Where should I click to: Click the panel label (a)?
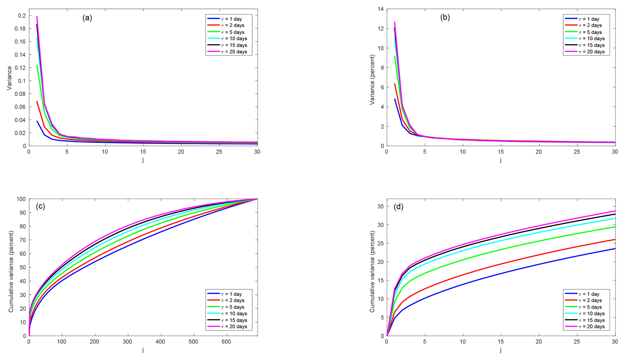pyautogui.click(x=87, y=18)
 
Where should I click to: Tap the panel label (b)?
pyautogui.click(x=445, y=18)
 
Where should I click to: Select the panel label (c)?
pyautogui.click(x=40, y=206)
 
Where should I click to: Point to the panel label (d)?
pyautogui.click(x=398, y=207)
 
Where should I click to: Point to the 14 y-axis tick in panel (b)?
pyautogui.click(x=380, y=9)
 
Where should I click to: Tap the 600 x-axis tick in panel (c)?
pyautogui.click(x=226, y=342)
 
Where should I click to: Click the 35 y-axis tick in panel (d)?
pyautogui.click(x=380, y=206)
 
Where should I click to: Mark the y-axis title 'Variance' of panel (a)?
pyautogui.click(x=9, y=78)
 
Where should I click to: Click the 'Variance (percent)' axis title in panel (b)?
pyautogui.click(x=372, y=80)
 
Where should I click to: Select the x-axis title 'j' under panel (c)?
pyautogui.click(x=143, y=350)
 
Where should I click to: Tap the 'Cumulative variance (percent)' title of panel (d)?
pyautogui.click(x=372, y=272)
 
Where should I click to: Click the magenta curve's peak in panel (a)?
pyautogui.click(x=37, y=16)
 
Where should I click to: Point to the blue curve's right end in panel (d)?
pyautogui.click(x=614, y=249)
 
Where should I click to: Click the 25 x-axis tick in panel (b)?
pyautogui.click(x=577, y=152)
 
